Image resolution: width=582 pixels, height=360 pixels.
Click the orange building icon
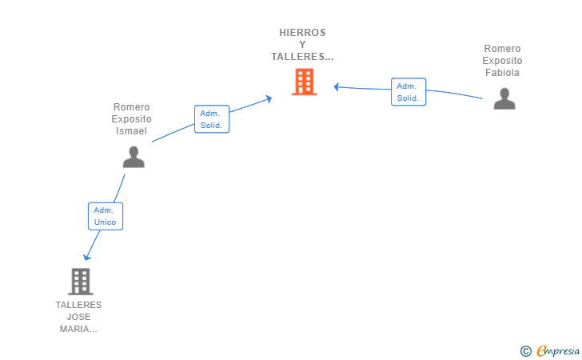point(304,82)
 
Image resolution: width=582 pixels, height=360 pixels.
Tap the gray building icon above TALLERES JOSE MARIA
point(80,282)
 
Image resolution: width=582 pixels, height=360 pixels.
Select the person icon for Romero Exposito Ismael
point(134,157)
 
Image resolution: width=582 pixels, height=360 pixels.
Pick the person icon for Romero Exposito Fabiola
point(504,98)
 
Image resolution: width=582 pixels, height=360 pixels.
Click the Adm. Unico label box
point(106,216)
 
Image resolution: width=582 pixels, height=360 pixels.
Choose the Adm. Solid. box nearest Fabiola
point(409,92)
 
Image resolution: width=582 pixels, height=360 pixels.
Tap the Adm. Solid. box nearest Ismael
point(212,119)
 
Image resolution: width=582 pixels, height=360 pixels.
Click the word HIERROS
point(302,33)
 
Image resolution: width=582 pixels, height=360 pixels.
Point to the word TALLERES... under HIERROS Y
point(302,57)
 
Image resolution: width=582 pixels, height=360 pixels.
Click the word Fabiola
point(502,73)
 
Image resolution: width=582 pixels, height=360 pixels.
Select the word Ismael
point(131,130)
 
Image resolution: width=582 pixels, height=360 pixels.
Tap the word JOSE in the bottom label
point(78,317)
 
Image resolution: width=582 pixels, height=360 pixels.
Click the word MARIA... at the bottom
point(78,329)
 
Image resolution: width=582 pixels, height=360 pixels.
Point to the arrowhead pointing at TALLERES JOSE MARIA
point(86,257)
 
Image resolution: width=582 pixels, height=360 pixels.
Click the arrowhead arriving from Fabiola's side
point(337,87)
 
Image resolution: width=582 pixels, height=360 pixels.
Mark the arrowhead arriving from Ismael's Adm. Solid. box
point(269,99)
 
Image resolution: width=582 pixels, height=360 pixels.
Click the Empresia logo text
point(558,350)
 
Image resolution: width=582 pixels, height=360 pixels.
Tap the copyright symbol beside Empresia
point(525,351)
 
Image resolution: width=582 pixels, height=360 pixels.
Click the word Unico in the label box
point(105,222)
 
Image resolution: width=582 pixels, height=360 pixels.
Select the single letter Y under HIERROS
point(302,45)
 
